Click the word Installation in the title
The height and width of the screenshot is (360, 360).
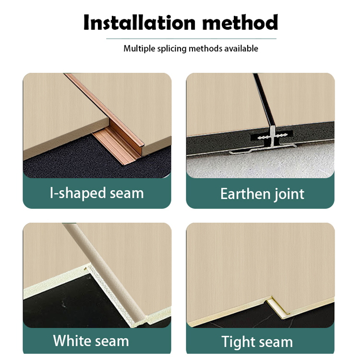coord(139,22)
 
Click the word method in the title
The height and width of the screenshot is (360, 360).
coord(240,22)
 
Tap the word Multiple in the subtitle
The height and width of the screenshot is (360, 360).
coord(139,48)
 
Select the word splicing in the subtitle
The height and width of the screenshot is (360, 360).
coord(172,48)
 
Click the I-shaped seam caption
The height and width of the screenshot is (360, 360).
coord(96,193)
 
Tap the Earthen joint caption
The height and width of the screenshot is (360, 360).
coord(262,194)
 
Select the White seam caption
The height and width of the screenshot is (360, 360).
coord(91,340)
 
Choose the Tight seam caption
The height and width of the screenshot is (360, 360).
coord(257,342)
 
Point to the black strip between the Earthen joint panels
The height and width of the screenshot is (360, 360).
coord(264,101)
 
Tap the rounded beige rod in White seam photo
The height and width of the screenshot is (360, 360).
coord(103,271)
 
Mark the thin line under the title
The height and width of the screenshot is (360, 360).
coord(191,39)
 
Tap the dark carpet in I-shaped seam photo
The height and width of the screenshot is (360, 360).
coord(76,161)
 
